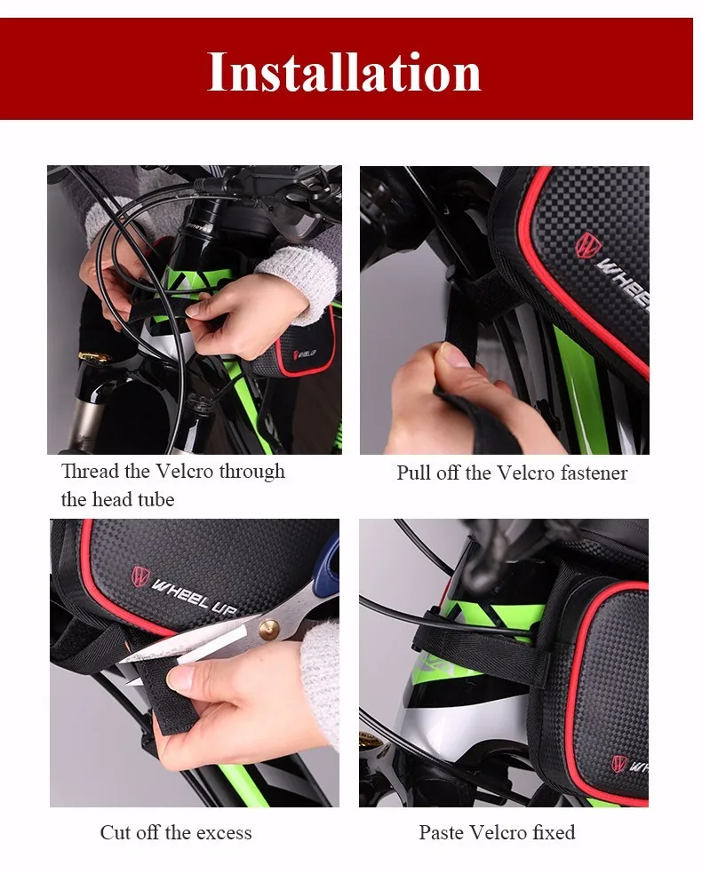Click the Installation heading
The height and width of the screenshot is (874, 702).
point(344,71)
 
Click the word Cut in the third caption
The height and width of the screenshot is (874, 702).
point(116,832)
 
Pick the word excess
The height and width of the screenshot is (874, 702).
point(224,833)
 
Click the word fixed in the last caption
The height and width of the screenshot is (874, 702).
point(554,832)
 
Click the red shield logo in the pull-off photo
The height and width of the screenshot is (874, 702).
point(586,245)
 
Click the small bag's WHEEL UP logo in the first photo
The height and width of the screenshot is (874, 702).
point(305,354)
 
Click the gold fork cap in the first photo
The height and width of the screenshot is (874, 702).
point(95,356)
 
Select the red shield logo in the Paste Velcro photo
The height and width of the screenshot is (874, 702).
point(618,763)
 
